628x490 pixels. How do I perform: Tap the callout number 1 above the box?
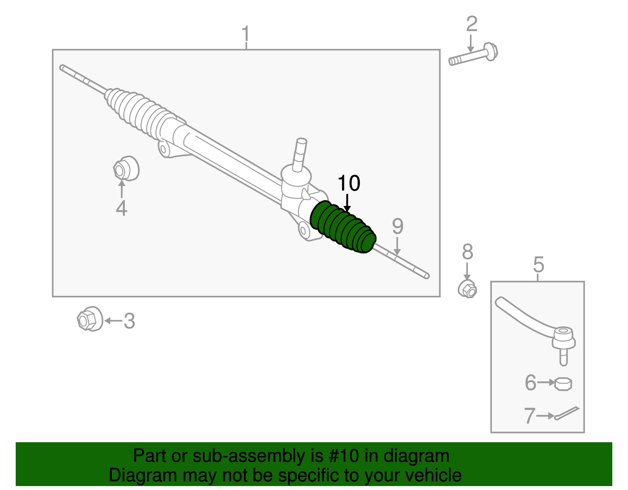coord(246,35)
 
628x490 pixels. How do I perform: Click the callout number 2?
coord(471,24)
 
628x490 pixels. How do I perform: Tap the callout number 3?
coord(129,321)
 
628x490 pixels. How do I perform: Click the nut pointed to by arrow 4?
coord(126,169)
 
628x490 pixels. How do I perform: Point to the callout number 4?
coord(121,208)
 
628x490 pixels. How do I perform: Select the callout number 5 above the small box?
coord(539,265)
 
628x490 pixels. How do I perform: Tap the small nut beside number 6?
coord(563,384)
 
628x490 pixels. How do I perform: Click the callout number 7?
coord(530,416)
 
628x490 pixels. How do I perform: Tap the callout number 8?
coord(467,252)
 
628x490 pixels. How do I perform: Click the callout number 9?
coord(398,227)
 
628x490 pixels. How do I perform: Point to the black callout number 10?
coord(349,184)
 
